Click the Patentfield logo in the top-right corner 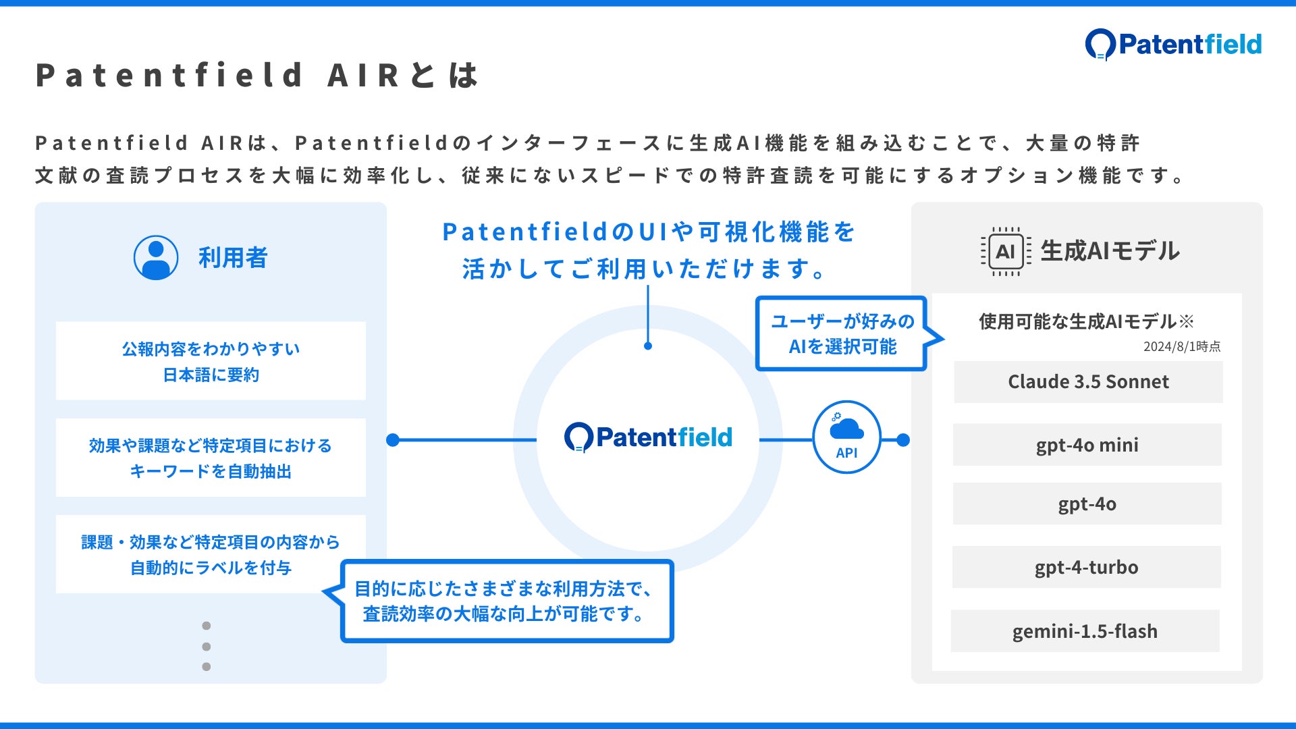[x=1173, y=45]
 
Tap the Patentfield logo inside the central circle [x=648, y=437]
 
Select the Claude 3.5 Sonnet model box [x=1088, y=382]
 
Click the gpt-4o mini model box [x=1087, y=445]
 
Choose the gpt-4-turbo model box [x=1086, y=567]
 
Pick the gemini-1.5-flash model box [x=1085, y=631]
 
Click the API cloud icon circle [x=846, y=437]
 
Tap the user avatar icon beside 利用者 [x=156, y=258]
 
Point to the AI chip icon [x=1005, y=252]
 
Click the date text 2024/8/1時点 [x=1181, y=346]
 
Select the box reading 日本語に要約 [x=211, y=361]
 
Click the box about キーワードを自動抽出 [x=211, y=458]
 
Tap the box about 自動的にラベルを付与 [x=211, y=554]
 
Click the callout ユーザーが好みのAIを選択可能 [x=842, y=333]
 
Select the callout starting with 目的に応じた [x=507, y=601]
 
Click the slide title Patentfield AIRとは [x=256, y=75]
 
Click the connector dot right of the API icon [x=903, y=440]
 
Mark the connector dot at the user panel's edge [x=393, y=440]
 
